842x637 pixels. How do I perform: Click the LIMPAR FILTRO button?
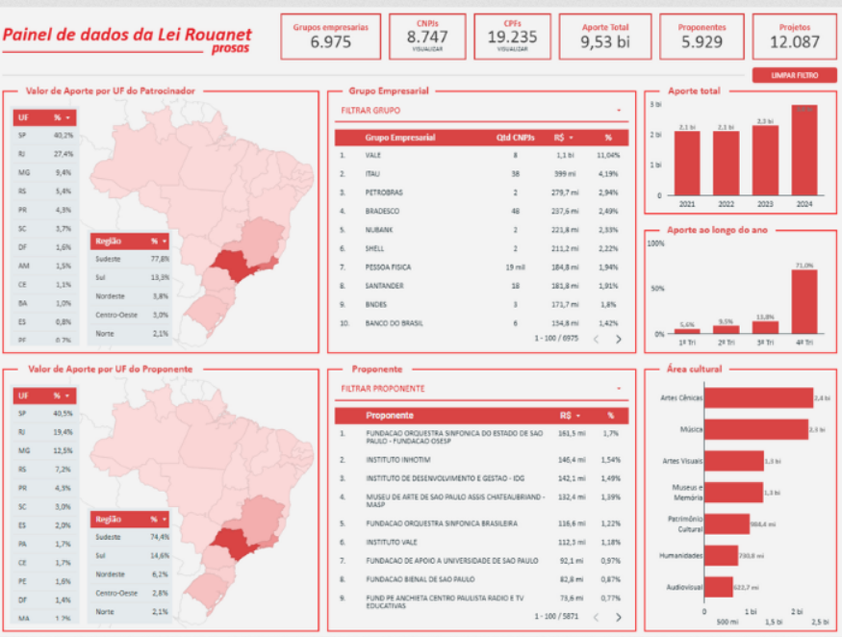tap(794, 74)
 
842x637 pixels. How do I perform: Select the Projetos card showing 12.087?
tap(795, 37)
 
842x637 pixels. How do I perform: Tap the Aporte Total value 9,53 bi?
tap(604, 41)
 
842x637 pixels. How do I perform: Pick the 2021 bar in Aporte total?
tap(687, 163)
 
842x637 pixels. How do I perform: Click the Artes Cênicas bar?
tap(759, 397)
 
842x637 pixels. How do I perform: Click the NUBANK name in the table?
tap(379, 229)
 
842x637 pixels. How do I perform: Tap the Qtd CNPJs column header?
tap(516, 138)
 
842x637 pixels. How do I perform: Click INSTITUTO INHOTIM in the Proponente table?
tap(396, 460)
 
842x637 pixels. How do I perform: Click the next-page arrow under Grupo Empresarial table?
tap(619, 339)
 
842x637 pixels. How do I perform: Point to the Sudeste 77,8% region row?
tap(132, 259)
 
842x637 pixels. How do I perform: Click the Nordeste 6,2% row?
tap(132, 574)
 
